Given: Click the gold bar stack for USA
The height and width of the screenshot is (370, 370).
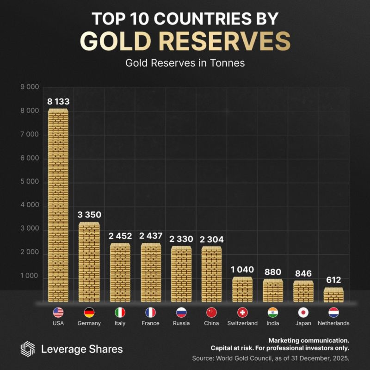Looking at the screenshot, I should click(58, 206).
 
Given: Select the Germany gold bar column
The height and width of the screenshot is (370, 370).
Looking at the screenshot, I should click(89, 262).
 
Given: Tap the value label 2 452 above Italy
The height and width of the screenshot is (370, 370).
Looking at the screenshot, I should click(119, 236).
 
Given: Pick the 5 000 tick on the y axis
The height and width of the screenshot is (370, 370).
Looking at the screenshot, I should click(30, 182).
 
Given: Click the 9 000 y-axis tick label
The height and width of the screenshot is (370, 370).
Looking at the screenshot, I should click(30, 86).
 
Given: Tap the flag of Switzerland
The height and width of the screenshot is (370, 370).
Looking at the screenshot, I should click(242, 312).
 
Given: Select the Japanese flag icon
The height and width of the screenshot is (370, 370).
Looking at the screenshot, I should click(303, 312).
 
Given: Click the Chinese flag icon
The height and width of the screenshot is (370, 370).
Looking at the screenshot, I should click(211, 312).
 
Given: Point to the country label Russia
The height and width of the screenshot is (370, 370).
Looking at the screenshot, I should click(181, 323).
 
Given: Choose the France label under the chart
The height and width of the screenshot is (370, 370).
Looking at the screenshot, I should click(150, 323).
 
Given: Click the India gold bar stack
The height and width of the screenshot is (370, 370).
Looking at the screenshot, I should click(273, 290).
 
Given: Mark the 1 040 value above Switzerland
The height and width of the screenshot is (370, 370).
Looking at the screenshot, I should click(242, 270).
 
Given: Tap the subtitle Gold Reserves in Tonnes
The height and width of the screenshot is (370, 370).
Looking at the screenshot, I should click(185, 62).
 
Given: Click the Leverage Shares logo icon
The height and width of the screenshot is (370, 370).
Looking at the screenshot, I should click(28, 349).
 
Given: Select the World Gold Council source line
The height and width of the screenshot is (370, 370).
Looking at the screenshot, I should click(271, 358).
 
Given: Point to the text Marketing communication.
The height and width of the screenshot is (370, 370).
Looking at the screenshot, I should click(308, 340).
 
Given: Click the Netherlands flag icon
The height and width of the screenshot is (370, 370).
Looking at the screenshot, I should click(334, 312).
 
